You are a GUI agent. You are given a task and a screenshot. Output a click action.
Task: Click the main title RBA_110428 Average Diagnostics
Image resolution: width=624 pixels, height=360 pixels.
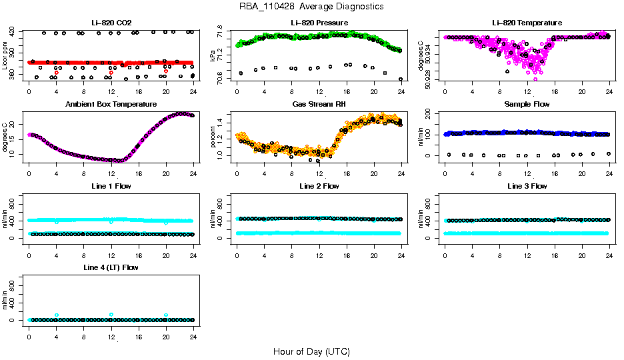[x=311, y=7]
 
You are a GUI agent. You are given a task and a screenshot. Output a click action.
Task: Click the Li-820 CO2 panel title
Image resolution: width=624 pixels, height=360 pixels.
[x=111, y=23]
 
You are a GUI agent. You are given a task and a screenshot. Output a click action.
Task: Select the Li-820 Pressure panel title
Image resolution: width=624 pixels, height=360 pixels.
[x=319, y=23]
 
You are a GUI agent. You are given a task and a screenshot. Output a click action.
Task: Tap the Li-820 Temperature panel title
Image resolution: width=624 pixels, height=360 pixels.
[x=527, y=23]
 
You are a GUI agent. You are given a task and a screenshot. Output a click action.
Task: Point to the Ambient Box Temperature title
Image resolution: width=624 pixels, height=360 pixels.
[x=111, y=105]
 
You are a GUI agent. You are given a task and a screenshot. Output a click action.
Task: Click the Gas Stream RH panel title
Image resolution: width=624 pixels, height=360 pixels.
[x=319, y=105]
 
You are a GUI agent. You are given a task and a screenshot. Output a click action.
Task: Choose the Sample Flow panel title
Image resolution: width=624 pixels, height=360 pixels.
[x=527, y=105]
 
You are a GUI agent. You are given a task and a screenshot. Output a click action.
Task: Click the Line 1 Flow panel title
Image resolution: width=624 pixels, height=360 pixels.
[x=111, y=186]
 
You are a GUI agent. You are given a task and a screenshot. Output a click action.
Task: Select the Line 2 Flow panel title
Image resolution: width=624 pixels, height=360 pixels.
[x=319, y=186]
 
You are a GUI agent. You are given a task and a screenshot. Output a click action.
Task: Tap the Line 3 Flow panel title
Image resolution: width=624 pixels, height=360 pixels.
[x=527, y=186]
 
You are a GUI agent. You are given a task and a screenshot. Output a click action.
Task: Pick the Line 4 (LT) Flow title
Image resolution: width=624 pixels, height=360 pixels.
[x=111, y=267]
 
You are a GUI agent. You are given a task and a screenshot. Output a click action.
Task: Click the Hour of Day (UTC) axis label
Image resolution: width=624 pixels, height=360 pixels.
[x=311, y=351]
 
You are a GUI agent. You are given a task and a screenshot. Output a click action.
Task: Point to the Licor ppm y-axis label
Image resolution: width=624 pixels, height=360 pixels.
[x=5, y=56]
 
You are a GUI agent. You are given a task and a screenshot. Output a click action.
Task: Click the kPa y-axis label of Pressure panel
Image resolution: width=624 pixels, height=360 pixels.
[x=213, y=56]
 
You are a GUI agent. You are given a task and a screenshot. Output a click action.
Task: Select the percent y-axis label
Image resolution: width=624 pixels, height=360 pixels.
[x=213, y=137]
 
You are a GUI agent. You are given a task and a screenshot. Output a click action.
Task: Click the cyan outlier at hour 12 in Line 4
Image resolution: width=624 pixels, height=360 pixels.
[x=111, y=315]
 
